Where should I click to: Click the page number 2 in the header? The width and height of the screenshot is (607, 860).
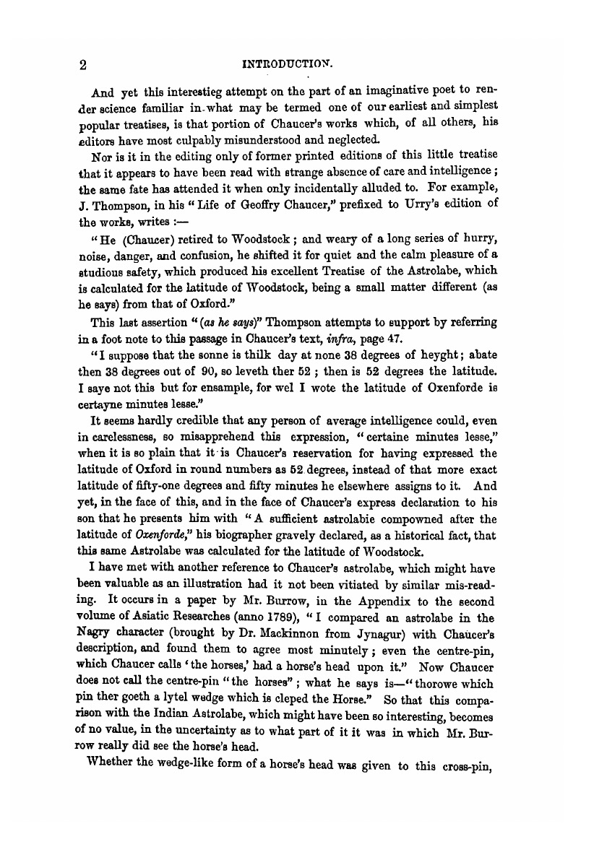(x=84, y=65)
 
